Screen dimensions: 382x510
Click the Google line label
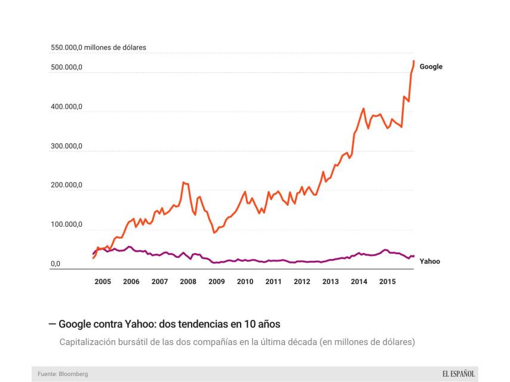pos(431,67)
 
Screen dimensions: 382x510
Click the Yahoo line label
pos(429,261)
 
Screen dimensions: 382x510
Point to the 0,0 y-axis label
pos(56,263)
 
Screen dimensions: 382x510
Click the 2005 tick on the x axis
pos(103,281)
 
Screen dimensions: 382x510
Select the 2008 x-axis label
pos(188,281)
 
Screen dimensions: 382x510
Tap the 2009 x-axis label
pos(216,281)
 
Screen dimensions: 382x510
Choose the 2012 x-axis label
pos(302,281)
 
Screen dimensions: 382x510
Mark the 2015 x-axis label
pos(387,281)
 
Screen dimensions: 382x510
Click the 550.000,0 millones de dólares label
pos(98,47)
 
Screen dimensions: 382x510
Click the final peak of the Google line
pos(414,61)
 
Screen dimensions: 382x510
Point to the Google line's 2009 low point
pos(214,232)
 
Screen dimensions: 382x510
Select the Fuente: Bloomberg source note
pos(62,374)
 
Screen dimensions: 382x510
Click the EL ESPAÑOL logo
pos(458,374)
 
